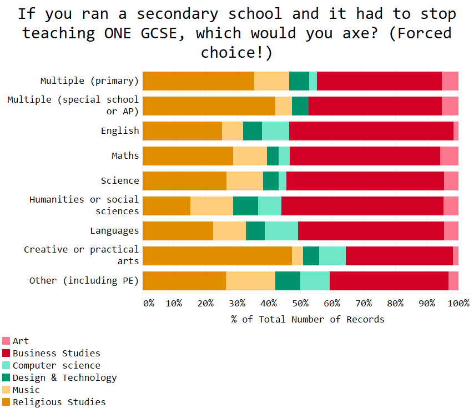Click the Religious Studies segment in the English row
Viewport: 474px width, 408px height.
pyautogui.click(x=182, y=131)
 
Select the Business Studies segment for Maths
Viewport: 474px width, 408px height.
pyautogui.click(x=365, y=156)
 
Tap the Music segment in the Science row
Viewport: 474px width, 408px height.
pyautogui.click(x=244, y=181)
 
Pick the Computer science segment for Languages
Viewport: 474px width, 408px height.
pyautogui.click(x=281, y=231)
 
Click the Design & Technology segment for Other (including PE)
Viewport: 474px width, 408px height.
pyautogui.click(x=288, y=281)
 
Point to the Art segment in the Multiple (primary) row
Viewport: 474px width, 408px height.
pyautogui.click(x=450, y=81)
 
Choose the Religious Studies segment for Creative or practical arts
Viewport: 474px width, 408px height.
pyautogui.click(x=217, y=256)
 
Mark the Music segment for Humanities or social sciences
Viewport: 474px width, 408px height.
pyautogui.click(x=211, y=206)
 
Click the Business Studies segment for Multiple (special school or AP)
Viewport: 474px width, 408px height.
pyautogui.click(x=375, y=106)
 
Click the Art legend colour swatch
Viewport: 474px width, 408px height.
pyautogui.click(x=7, y=341)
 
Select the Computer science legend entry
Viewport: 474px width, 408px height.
pyautogui.click(x=56, y=365)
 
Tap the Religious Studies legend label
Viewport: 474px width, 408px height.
pyautogui.click(x=59, y=402)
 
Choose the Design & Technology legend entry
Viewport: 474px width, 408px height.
pyautogui.click(x=64, y=377)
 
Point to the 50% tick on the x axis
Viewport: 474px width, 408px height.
pyautogui.click(x=300, y=303)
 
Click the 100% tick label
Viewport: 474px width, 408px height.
pyautogui.click(x=458, y=303)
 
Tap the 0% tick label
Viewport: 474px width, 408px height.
pyautogui.click(x=149, y=303)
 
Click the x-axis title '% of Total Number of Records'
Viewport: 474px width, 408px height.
pyautogui.click(x=307, y=319)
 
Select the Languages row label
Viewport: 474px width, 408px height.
pyautogui.click(x=114, y=231)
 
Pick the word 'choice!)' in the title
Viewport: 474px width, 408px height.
pyautogui.click(x=237, y=52)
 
